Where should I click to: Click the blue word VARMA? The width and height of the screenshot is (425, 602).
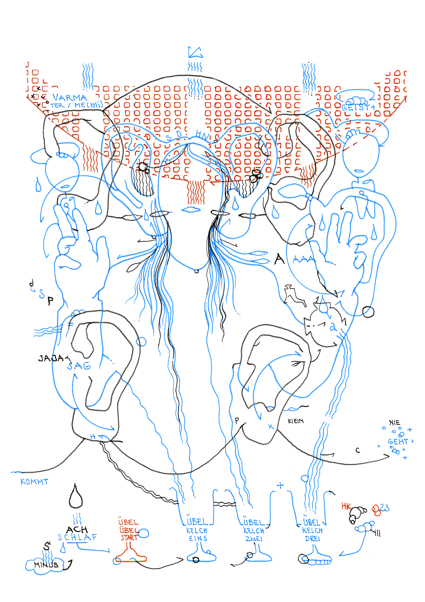(69, 98)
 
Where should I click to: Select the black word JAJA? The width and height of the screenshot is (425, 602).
(51, 358)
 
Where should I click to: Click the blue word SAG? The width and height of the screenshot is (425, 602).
(79, 366)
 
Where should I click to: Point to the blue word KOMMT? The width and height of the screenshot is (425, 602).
(34, 482)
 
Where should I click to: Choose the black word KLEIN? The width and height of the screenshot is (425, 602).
(296, 421)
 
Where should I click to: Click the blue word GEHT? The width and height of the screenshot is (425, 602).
(398, 442)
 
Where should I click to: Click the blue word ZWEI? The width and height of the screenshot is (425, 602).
(254, 538)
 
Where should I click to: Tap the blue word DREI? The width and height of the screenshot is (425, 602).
(313, 538)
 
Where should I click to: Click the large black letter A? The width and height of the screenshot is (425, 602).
(280, 259)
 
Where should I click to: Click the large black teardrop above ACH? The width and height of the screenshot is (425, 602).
(76, 497)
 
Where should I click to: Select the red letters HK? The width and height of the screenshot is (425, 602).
(346, 506)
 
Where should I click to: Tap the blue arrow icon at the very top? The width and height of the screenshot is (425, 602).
(195, 52)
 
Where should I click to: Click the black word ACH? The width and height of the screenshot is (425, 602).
(77, 529)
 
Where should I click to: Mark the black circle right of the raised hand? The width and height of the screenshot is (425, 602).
(368, 312)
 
